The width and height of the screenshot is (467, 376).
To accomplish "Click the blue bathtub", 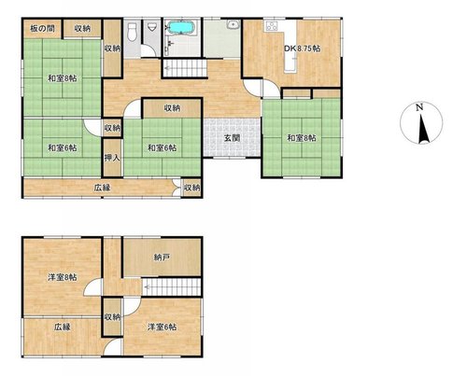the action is click(182, 27).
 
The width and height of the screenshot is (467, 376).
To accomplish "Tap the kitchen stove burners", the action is click(272, 25).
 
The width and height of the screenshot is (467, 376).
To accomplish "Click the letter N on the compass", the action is click(419, 107).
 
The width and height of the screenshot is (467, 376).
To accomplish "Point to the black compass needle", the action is click(422, 129).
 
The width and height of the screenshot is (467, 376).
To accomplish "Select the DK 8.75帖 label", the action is click(302, 49).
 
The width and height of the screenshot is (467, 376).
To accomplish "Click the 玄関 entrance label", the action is click(232, 138).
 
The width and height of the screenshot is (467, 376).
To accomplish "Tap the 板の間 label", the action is click(42, 29).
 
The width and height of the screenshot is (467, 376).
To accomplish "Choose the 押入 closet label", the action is click(112, 158).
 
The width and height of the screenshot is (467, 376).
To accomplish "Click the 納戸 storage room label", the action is click(162, 258).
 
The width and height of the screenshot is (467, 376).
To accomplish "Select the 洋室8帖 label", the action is click(63, 277).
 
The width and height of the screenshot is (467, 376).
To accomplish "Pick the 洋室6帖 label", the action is click(163, 327).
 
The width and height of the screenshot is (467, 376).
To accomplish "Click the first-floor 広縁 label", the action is click(103, 188).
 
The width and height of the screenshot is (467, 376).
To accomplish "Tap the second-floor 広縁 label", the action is click(63, 327).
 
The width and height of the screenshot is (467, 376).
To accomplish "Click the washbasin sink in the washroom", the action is click(233, 24).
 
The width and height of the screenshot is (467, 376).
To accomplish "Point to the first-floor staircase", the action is click(185, 68).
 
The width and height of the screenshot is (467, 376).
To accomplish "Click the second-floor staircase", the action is click(172, 287).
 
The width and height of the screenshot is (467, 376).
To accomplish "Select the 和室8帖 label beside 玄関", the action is click(302, 138).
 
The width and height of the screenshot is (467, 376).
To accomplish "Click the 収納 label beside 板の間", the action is click(82, 29).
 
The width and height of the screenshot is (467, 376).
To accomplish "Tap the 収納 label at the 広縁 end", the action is click(191, 188).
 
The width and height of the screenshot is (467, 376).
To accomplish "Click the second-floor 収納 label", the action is click(112, 317).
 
